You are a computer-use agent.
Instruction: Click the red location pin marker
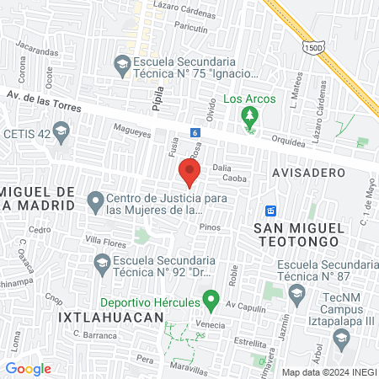pos(189,172)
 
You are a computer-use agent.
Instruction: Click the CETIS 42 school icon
pos(60,131)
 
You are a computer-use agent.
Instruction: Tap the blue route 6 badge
pos(195,133)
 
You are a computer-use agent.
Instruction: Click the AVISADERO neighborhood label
pos(309,172)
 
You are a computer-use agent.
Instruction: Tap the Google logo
pos(28,368)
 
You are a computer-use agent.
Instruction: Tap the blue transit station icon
pos(270,210)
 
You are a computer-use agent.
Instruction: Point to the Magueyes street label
pos(132,131)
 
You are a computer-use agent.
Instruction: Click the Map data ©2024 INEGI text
pos(328,371)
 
